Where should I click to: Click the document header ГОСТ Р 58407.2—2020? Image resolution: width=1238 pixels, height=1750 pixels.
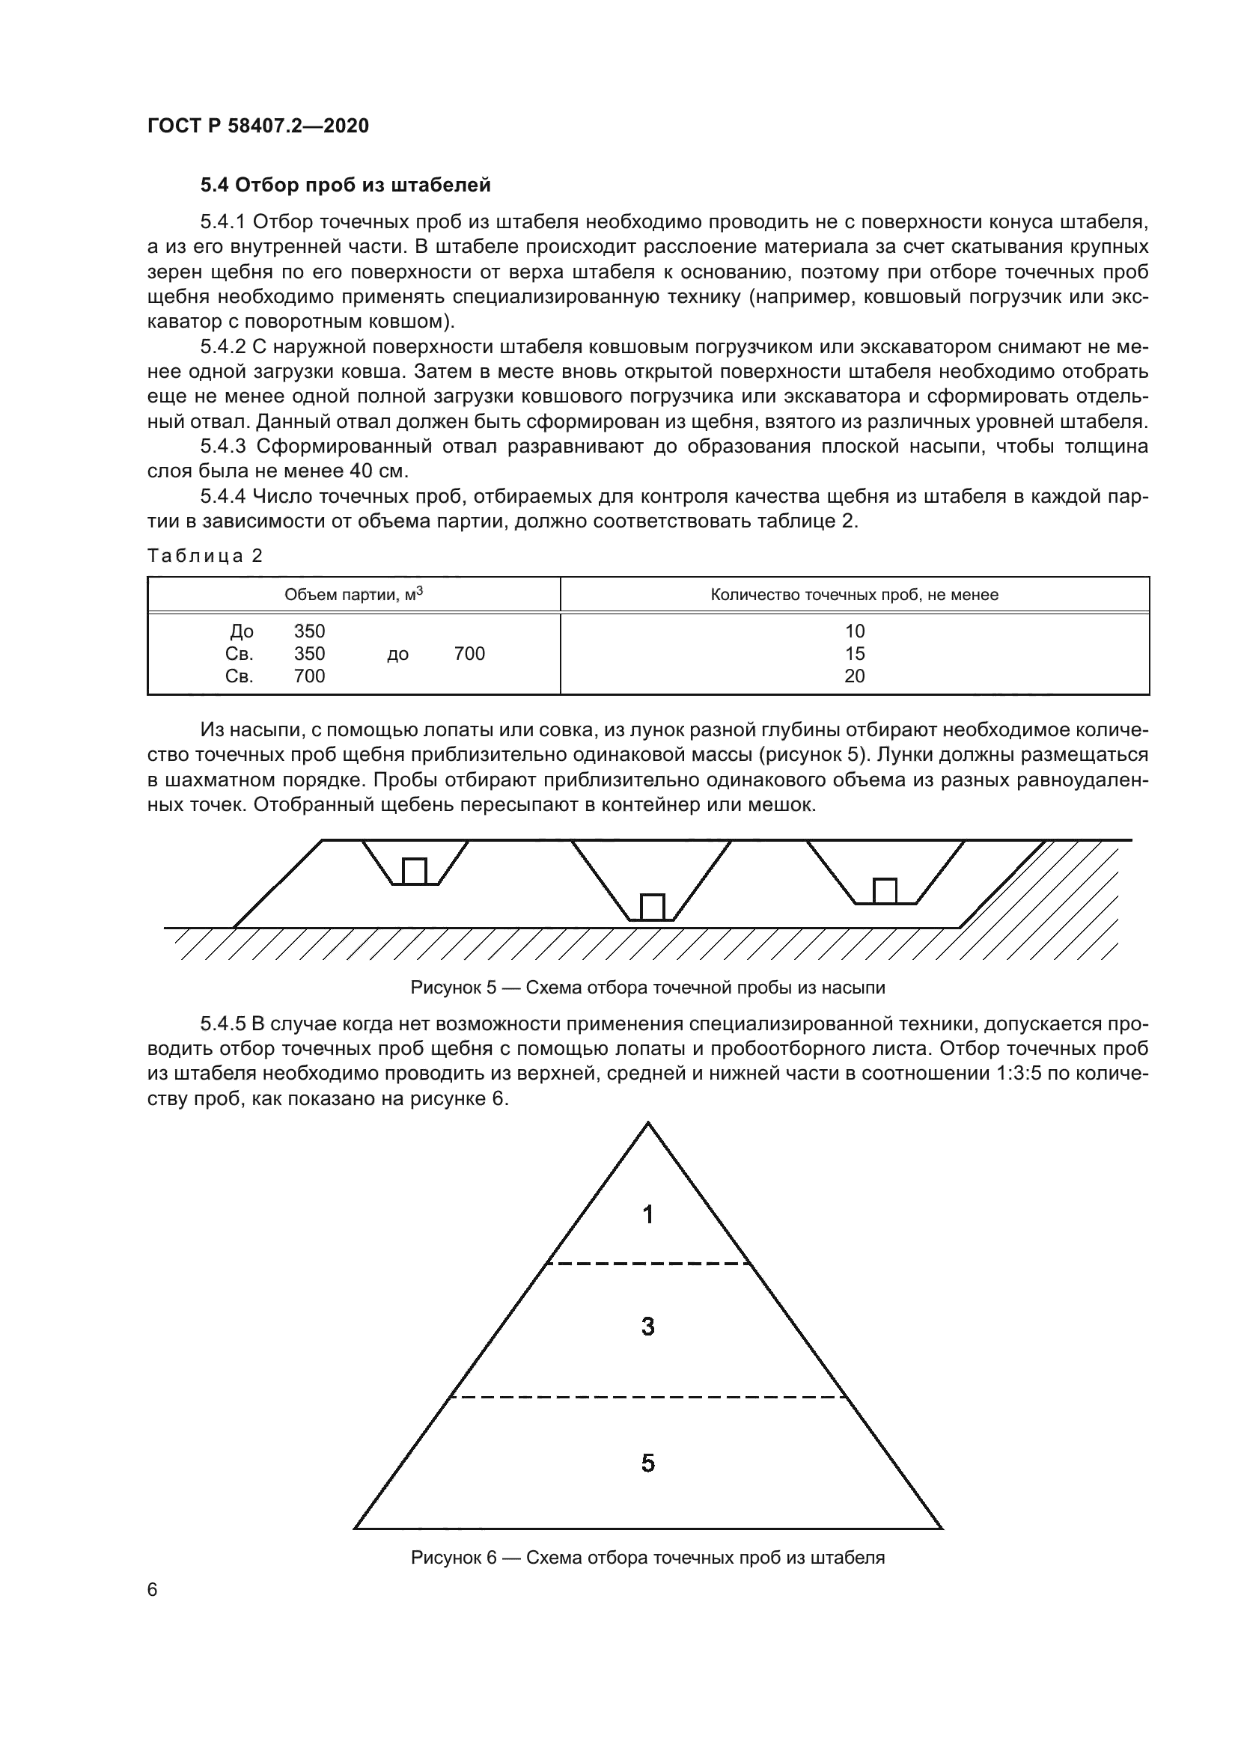[257, 126]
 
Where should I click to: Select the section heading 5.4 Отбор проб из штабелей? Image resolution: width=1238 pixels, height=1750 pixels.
[345, 186]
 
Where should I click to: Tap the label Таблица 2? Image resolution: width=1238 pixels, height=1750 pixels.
[204, 556]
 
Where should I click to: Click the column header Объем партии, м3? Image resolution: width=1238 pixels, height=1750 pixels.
[353, 595]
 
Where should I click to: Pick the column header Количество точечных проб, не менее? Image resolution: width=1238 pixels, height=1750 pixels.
[854, 596]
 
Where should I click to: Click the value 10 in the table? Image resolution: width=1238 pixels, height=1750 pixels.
[854, 631]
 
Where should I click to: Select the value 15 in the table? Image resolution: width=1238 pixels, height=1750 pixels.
[854, 654]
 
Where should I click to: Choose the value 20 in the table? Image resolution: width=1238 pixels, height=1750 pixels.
[854, 676]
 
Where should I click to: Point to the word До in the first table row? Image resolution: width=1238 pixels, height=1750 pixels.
[242, 631]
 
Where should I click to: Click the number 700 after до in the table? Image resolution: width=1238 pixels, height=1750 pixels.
[469, 654]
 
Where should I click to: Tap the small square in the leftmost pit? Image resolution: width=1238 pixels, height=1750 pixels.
[414, 871]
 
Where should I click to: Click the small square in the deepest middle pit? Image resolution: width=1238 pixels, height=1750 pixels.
[652, 907]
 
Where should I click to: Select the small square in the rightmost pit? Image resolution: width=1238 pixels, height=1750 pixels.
[884, 891]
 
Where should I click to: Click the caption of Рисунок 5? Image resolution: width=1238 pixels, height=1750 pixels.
[647, 988]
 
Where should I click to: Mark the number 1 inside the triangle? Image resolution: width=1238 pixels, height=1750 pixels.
[647, 1215]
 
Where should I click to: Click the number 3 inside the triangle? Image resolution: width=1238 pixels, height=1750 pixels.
[647, 1327]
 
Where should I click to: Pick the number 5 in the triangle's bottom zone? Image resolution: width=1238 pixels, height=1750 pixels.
[647, 1463]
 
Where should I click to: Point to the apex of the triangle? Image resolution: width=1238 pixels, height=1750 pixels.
[647, 1125]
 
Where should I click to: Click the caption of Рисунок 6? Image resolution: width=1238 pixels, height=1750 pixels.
[647, 1558]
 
